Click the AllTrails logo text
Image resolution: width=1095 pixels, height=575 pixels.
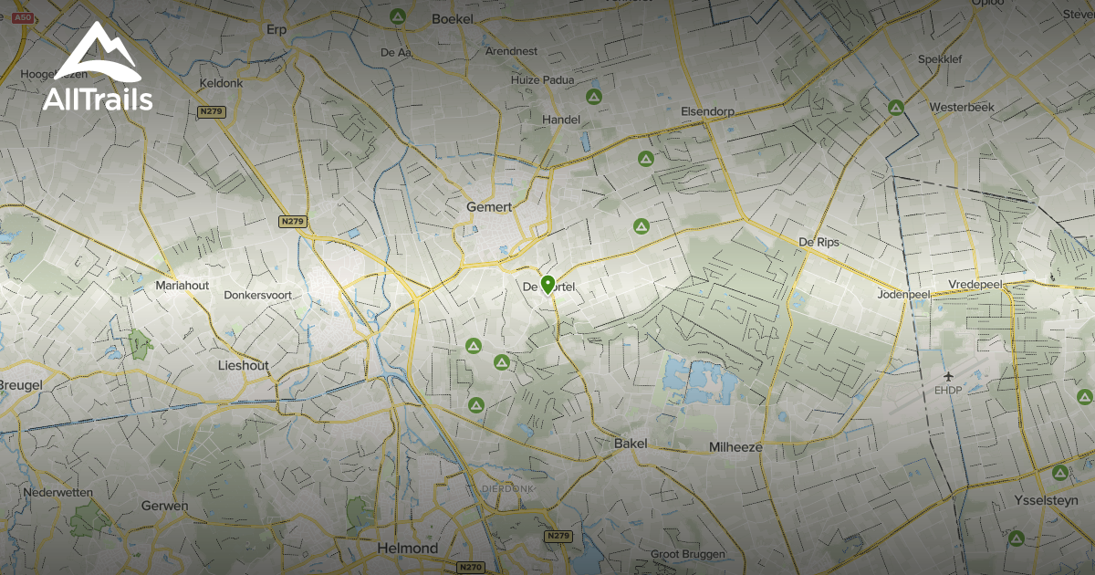point(98,99)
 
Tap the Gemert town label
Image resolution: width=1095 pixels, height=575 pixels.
point(489,207)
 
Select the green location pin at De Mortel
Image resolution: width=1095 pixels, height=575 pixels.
point(547,285)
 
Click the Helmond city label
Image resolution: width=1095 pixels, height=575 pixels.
point(407,549)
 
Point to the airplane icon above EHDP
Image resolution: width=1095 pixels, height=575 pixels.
point(949,376)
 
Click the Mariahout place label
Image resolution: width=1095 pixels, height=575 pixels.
point(182,286)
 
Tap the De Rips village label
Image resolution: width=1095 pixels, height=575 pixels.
point(819,243)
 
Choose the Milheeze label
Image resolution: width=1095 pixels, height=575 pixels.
point(735,447)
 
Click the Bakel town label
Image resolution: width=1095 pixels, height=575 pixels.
point(631,444)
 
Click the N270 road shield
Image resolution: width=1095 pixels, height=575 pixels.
point(471,567)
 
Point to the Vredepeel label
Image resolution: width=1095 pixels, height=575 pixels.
point(975,285)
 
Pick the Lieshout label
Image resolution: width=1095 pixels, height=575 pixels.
point(244,365)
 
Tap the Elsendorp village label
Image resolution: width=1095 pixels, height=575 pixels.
point(707,111)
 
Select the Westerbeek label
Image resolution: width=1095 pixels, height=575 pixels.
point(961,108)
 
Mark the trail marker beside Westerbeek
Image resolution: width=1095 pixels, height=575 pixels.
point(896,108)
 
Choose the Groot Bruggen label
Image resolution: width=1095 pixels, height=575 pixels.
point(687,554)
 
